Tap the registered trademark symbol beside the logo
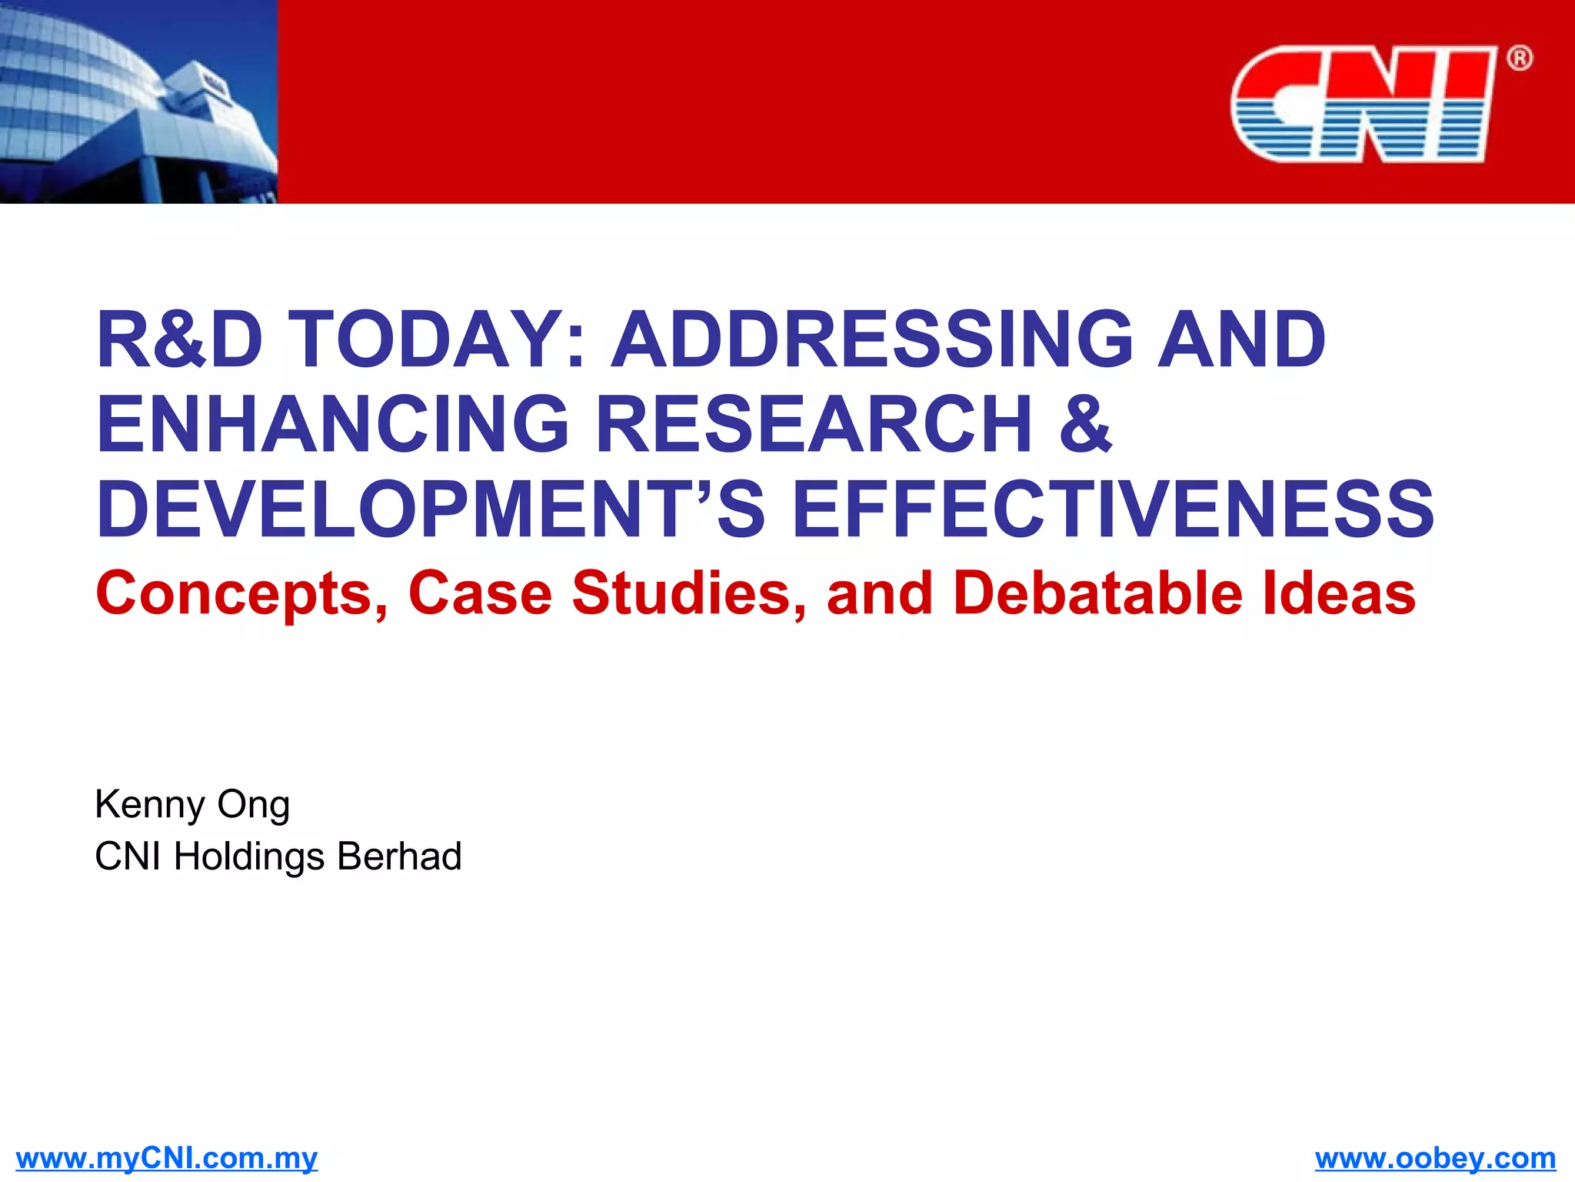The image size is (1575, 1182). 1519,58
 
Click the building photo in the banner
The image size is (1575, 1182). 138,102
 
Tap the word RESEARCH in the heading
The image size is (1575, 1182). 815,425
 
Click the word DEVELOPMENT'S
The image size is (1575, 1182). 431,509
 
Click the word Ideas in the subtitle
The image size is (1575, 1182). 1339,594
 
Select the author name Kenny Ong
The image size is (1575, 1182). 192,805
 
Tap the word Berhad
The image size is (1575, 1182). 399,856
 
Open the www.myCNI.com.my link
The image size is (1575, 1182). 166,1158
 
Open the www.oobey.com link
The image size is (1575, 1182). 1435,1158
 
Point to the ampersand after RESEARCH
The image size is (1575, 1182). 1085,425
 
